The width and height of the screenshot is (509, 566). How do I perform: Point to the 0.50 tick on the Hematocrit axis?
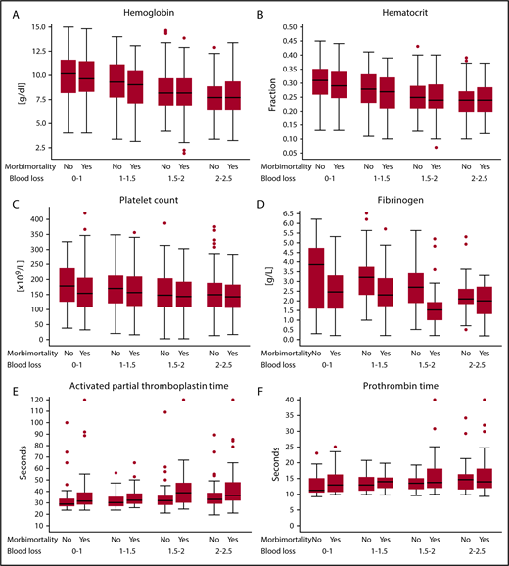[288, 27]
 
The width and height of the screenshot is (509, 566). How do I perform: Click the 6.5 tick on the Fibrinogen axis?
[291, 212]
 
